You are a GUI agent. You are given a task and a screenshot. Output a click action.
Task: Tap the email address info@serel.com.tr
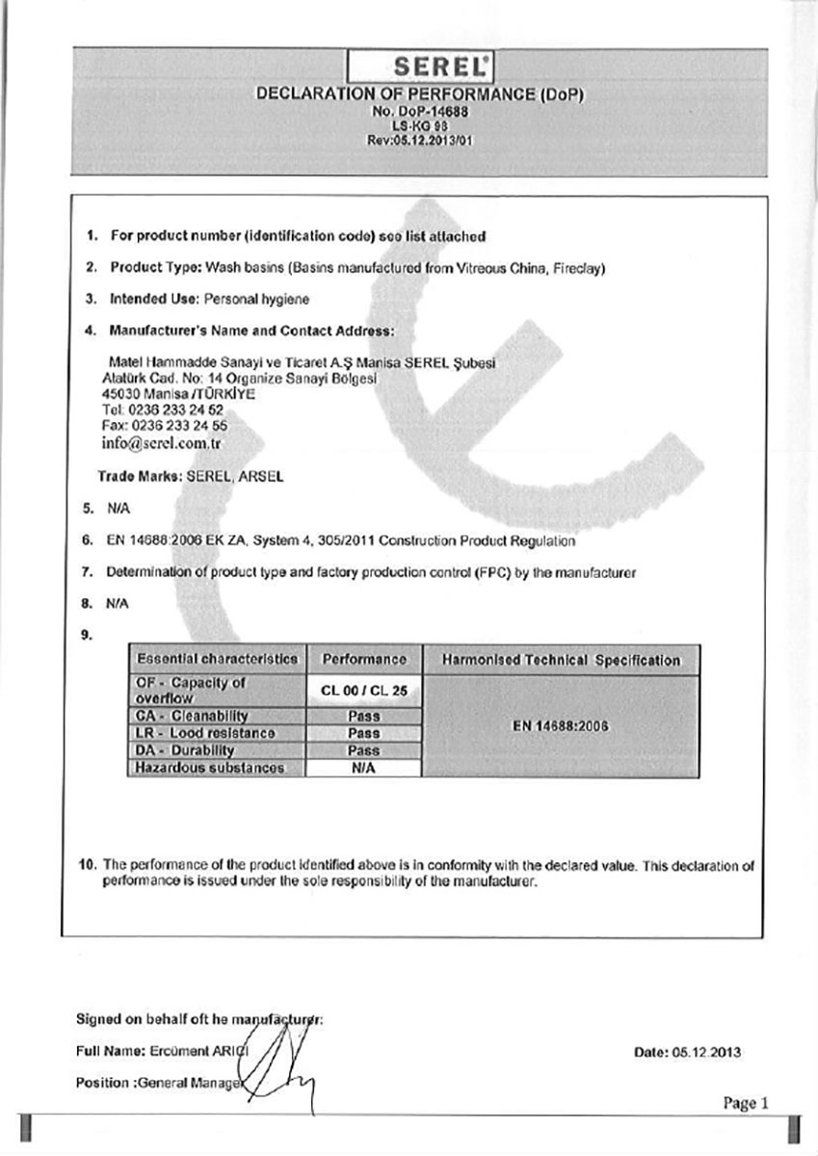162,444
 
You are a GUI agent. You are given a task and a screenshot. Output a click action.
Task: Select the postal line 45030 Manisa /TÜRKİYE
165,393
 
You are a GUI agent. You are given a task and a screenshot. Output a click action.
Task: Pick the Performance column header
364,660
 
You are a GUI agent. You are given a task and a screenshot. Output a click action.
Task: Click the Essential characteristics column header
218,660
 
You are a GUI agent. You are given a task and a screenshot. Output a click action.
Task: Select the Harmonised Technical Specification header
561,660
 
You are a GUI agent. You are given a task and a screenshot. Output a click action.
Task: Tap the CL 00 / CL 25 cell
364,691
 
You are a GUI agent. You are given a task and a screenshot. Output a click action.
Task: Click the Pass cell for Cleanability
364,717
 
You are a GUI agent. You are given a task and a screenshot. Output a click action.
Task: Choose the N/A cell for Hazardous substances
364,768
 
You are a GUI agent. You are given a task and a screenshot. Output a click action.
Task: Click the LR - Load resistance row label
194,733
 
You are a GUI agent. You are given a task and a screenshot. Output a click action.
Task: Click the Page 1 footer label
746,1104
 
